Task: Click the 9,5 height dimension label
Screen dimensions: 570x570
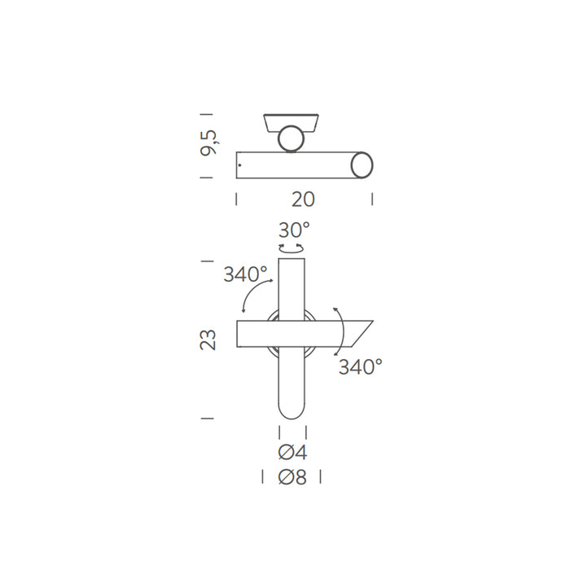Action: click(x=209, y=142)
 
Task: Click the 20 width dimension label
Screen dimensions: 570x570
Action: click(x=303, y=199)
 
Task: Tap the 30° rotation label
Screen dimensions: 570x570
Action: click(x=294, y=230)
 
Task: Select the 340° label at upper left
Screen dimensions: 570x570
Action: click(x=245, y=274)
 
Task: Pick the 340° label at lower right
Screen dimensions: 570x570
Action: click(x=361, y=366)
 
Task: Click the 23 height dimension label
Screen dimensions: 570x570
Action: click(x=208, y=340)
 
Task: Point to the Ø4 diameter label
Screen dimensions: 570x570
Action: click(x=292, y=453)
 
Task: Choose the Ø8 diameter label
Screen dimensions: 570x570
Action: click(x=292, y=477)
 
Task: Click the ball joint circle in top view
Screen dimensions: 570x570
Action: click(x=291, y=138)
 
